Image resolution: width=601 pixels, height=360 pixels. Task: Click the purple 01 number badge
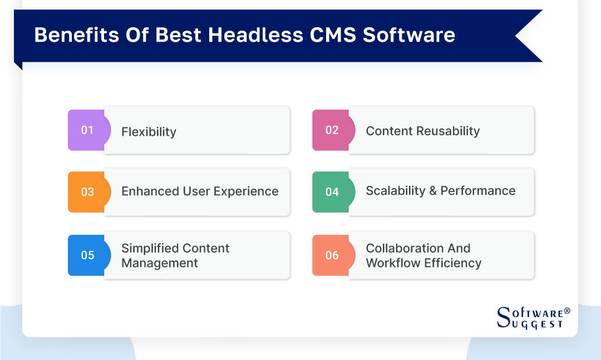(x=87, y=130)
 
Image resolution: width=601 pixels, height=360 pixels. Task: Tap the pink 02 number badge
(x=332, y=130)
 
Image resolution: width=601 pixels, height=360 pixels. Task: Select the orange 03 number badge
(x=87, y=192)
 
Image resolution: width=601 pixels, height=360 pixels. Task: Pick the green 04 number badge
(x=332, y=192)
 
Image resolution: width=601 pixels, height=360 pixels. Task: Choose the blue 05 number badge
(x=87, y=255)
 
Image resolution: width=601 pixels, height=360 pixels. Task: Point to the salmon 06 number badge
(x=332, y=255)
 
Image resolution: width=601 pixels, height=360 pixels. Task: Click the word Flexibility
(x=149, y=132)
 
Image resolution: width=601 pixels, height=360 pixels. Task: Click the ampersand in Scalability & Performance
(x=432, y=191)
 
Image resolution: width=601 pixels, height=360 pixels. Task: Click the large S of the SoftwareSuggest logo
(x=503, y=316)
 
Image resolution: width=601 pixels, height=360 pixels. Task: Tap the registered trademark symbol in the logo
(x=567, y=310)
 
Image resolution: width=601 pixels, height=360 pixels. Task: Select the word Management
(x=160, y=263)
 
